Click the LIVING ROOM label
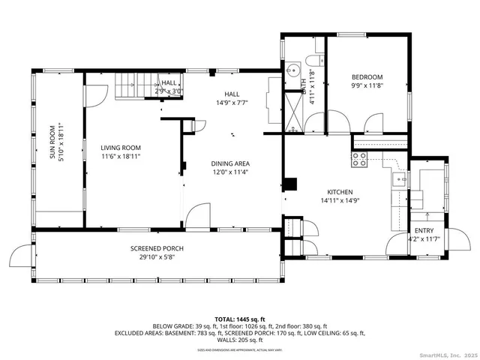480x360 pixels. [121, 148]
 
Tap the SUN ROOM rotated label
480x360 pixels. [52, 142]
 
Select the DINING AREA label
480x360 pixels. [229, 163]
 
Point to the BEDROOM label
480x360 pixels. [367, 76]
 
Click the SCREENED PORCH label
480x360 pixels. [157, 248]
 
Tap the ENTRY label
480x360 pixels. [424, 230]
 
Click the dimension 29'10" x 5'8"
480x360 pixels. [157, 257]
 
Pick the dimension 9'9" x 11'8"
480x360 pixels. [367, 85]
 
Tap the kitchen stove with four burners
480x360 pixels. [360, 159]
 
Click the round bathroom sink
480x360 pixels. [292, 71]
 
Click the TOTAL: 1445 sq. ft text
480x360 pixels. [239, 319]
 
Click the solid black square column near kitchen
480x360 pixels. [292, 183]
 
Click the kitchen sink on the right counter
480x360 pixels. [400, 179]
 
